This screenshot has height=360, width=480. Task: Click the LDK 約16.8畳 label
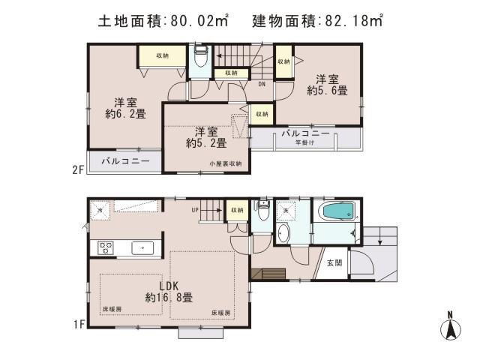pos(168,290)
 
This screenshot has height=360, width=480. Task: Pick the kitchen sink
pos(142,247)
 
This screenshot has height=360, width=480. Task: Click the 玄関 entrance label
pos(334,262)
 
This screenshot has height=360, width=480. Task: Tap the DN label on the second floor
pos(261,84)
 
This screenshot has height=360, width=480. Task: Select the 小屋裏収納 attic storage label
pos(225,163)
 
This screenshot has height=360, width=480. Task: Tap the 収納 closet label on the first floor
pos(237,210)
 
